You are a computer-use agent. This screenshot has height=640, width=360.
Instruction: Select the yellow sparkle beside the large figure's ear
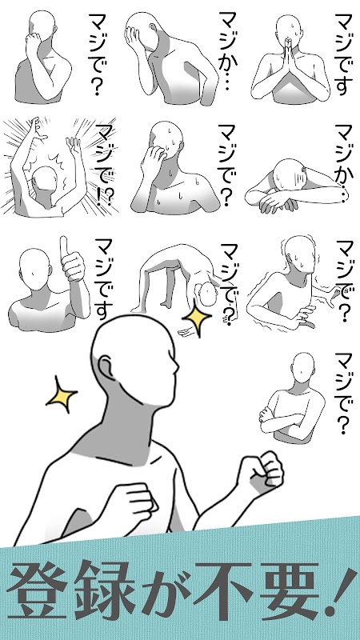coord(62,394)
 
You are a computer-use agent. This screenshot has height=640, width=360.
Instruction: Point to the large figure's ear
coord(105,367)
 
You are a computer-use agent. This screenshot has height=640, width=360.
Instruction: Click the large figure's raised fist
coord(261,471)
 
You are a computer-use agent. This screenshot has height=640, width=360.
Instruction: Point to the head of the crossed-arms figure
coord(304,368)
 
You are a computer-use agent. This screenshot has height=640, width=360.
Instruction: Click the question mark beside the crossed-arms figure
coord(344,426)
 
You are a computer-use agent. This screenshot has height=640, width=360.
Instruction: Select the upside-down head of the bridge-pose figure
coord(207,294)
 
